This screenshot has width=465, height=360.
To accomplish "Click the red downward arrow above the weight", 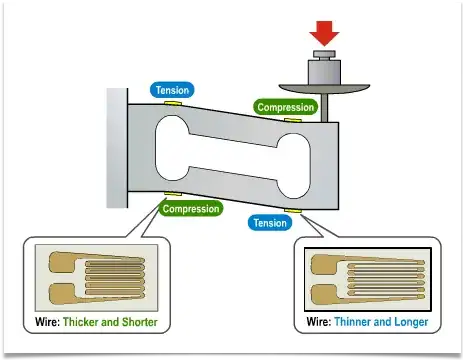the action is pos(324,33).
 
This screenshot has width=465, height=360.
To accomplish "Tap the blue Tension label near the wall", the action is pos(172,90).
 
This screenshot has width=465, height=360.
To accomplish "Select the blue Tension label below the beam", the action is pos(270,223).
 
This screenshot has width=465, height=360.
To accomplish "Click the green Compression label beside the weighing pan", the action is pos(285,107).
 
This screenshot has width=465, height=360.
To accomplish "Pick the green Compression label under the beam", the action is pos(191,209).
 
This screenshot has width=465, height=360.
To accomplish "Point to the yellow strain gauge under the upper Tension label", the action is pos(173,103).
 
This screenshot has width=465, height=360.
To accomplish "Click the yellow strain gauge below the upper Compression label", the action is pos(293,120).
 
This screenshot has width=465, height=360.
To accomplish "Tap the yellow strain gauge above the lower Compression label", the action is pos(173,194).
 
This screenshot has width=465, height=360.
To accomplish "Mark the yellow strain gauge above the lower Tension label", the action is pos(293,211).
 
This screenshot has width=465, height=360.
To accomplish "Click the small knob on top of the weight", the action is pos(324,54).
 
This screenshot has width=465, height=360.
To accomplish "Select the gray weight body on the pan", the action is pos(324,72).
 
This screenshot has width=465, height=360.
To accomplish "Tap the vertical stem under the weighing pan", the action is pos(324,108).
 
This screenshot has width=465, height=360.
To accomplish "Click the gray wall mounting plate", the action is pos(117,148).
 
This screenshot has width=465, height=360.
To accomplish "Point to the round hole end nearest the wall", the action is pos(172,148).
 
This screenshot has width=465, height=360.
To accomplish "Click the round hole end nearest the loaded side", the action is pos(294,166).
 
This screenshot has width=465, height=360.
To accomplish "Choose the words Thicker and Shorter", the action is pos(110,322).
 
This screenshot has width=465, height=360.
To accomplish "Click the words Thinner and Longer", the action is pos(381,322).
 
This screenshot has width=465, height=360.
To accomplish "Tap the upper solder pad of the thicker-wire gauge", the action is pos(62,262).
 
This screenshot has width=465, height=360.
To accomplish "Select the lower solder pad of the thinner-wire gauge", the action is pos(324,294).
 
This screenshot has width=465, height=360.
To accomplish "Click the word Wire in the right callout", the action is pos(319,322).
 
